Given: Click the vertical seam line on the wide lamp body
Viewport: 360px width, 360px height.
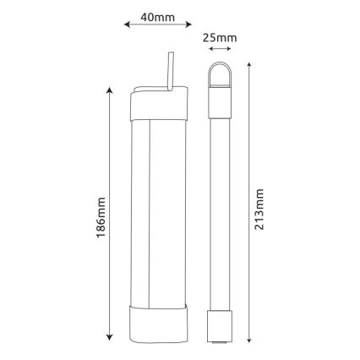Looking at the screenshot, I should (x=149, y=211).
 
